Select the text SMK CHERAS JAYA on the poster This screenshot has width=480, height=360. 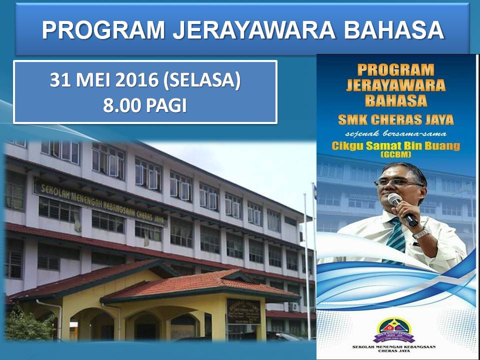pyautogui.click(x=395, y=120)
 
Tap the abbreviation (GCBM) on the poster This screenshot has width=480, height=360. pyautogui.click(x=395, y=155)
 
